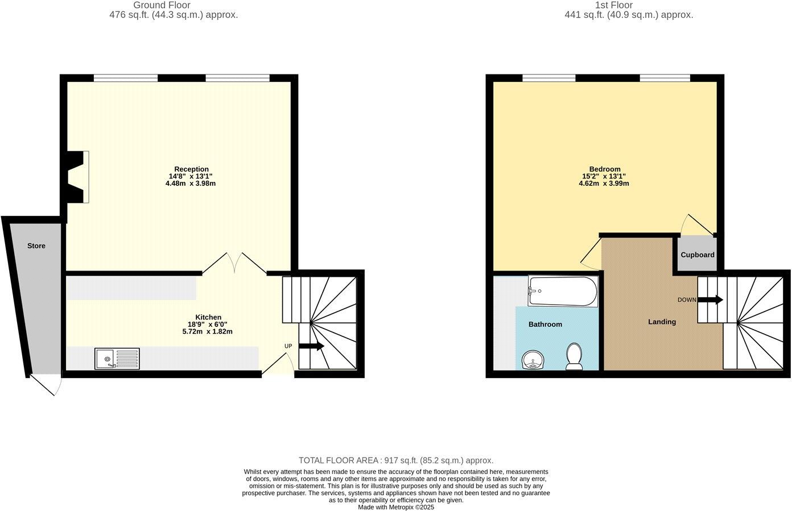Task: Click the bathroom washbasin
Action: click(533, 360)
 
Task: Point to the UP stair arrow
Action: click(311, 346)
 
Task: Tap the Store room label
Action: click(36, 246)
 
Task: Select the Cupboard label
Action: click(698, 255)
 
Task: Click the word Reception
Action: click(191, 169)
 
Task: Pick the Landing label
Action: click(662, 322)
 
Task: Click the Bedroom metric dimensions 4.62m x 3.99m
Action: click(604, 184)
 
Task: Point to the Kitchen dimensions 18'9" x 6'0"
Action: click(208, 325)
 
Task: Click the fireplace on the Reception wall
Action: click(78, 177)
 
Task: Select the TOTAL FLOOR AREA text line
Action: click(396, 460)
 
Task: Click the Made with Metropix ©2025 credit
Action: click(396, 507)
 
